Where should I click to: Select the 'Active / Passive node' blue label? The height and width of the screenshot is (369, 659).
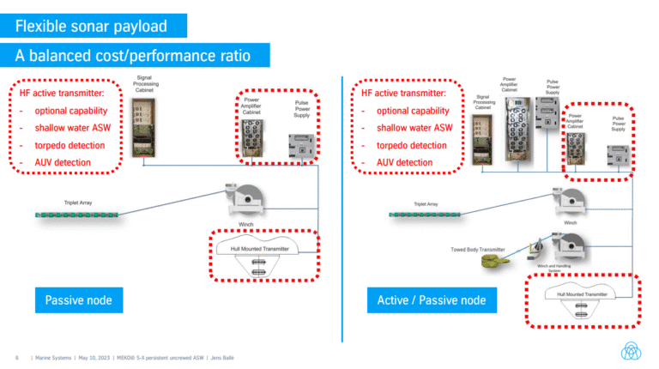(431, 300)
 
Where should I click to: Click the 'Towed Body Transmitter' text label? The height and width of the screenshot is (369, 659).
(478, 250)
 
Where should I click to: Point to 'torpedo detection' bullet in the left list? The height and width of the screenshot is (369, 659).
(72, 145)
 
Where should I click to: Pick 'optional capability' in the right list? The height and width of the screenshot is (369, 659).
(413, 111)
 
